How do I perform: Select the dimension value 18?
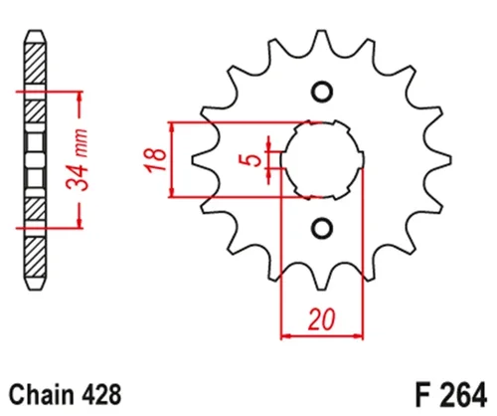[x=151, y=159]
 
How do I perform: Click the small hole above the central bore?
[x=320, y=93]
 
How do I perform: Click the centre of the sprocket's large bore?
[x=320, y=159]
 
